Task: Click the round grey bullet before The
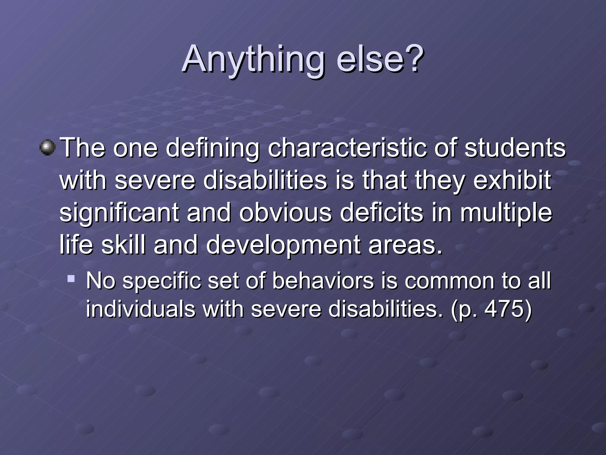coord(47,147)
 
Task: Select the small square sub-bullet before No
coord(71,278)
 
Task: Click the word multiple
coord(506,213)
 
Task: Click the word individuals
coord(141,309)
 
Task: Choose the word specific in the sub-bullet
coord(162,281)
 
